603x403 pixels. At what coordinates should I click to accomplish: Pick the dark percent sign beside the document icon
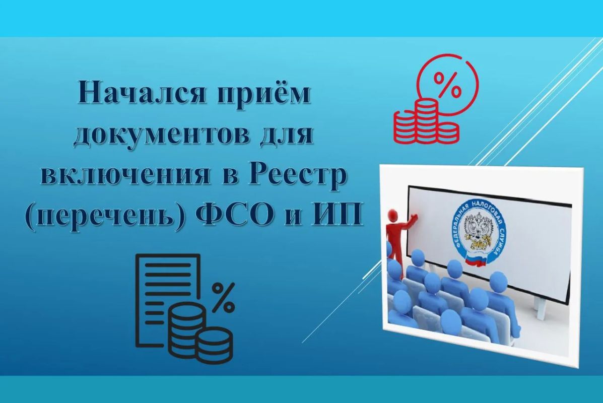point(224,297)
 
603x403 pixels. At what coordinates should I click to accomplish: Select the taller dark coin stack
point(184,329)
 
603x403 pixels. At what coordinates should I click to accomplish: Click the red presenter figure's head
point(393,214)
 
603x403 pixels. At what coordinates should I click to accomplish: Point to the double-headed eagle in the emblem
point(476,231)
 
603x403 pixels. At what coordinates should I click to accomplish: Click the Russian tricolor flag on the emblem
point(476,261)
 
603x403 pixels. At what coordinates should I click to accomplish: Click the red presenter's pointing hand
point(415,218)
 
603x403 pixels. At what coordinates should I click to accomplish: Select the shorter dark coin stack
point(214,345)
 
